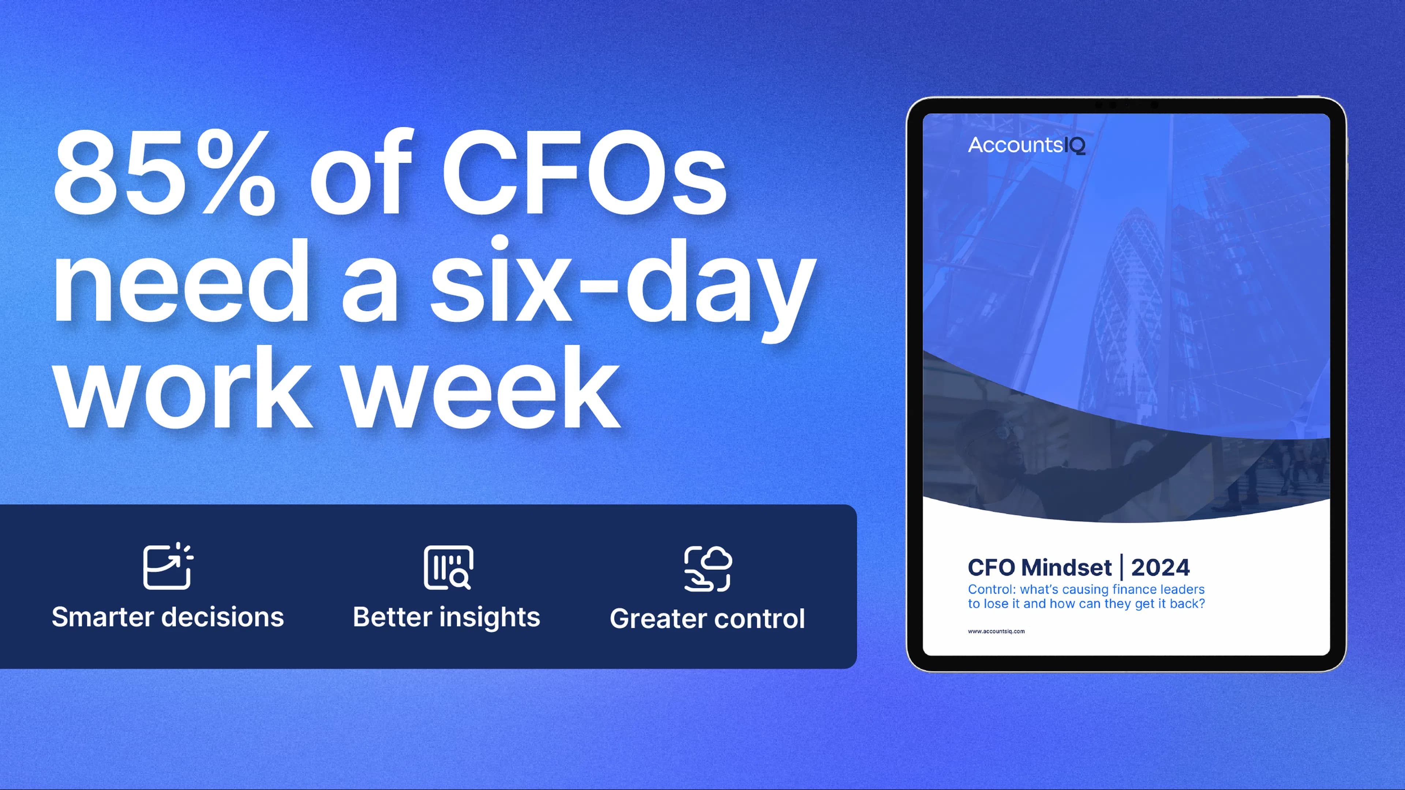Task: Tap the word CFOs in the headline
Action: click(584, 172)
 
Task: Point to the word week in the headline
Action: click(483, 387)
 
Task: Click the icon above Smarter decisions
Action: click(168, 567)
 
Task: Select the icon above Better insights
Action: click(448, 568)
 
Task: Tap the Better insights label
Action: click(446, 618)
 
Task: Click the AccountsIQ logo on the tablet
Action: click(1026, 145)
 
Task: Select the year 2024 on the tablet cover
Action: click(1161, 568)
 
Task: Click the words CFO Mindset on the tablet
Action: click(1039, 568)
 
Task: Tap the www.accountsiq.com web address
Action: click(996, 631)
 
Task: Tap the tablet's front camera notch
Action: click(1126, 104)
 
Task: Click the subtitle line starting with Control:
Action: click(1086, 589)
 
